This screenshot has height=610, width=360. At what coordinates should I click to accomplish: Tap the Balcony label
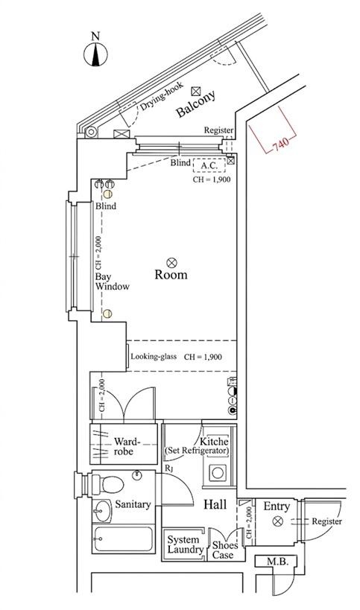coord(195,104)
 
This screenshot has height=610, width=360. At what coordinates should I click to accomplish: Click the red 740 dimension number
coord(280,144)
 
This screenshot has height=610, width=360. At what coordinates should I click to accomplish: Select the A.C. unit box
coord(209,165)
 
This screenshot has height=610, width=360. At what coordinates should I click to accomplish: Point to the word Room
coord(171,275)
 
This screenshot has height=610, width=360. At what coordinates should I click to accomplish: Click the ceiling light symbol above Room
coord(171,263)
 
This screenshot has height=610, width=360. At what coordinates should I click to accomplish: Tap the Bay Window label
coord(112,282)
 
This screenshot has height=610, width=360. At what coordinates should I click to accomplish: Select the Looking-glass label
coord(154,356)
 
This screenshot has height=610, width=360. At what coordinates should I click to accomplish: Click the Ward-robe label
coord(126,446)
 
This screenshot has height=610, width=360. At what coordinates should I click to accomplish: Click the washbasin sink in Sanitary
coord(102,511)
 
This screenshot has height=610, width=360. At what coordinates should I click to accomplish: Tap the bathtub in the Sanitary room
coord(124,538)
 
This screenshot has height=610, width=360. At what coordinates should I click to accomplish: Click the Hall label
coord(215,505)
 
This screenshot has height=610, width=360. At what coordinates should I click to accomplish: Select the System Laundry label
coord(186,544)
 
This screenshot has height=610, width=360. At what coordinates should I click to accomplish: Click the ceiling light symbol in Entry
coord(277,521)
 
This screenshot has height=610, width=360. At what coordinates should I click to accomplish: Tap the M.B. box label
coord(277,562)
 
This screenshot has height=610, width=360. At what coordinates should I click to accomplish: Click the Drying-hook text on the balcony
coord(161,95)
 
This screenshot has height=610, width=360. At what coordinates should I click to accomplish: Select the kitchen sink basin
coord(217,473)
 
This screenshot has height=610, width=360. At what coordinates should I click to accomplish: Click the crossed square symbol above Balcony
coord(196,92)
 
